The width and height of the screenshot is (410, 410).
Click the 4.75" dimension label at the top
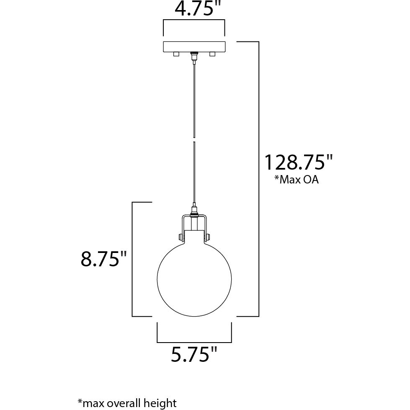[x=193, y=8]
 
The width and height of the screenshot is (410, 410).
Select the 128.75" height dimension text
[x=298, y=162]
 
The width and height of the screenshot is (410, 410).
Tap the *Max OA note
[x=297, y=180]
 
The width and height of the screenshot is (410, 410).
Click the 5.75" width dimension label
[x=194, y=355]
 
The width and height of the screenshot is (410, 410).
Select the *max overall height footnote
[x=127, y=403]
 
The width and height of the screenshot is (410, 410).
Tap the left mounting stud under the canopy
[x=176, y=54]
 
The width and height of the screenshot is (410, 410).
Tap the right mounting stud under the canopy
[x=212, y=54]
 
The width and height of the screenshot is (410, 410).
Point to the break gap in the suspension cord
[x=194, y=139]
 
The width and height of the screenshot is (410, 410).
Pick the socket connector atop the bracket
[x=194, y=209]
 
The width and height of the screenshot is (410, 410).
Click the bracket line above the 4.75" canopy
[x=194, y=20]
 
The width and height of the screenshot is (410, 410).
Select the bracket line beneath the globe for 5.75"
[x=194, y=342]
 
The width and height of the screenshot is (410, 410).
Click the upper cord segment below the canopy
[x=194, y=96]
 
